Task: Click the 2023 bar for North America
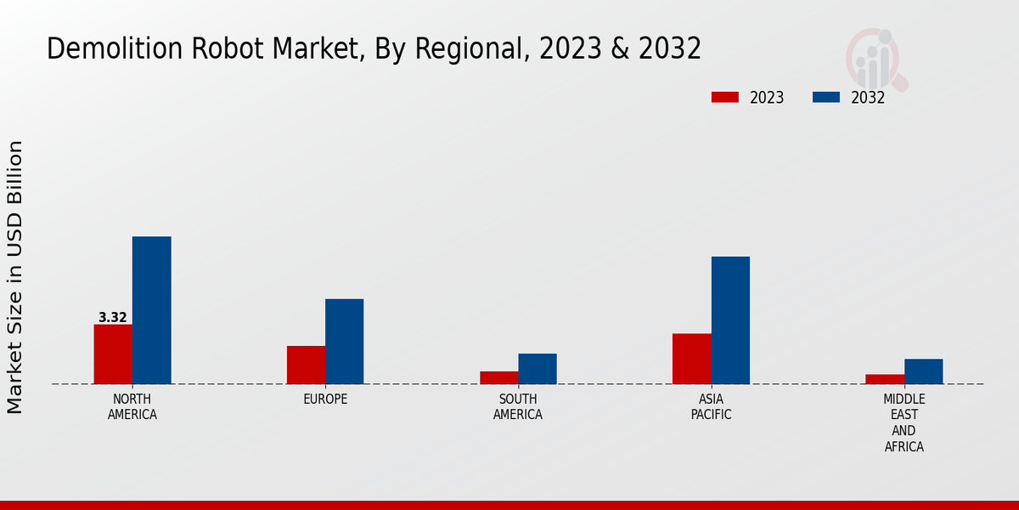pyautogui.click(x=113, y=354)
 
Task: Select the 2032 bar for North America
pyautogui.click(x=151, y=310)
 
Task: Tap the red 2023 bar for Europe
pyautogui.click(x=306, y=365)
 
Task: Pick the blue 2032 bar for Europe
pyautogui.click(x=344, y=341)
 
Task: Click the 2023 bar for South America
pyautogui.click(x=498, y=377)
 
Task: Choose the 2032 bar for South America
pyautogui.click(x=538, y=369)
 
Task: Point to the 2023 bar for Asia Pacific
pyautogui.click(x=691, y=359)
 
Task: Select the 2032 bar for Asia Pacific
pyautogui.click(x=730, y=320)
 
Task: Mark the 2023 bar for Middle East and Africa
pyautogui.click(x=885, y=379)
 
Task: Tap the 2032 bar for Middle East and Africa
pyautogui.click(x=923, y=371)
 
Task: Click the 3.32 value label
pyautogui.click(x=113, y=318)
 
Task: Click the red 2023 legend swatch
pyautogui.click(x=725, y=97)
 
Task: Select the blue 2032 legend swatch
pyautogui.click(x=826, y=97)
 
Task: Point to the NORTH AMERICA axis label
pyautogui.click(x=132, y=407)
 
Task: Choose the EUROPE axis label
pyautogui.click(x=325, y=399)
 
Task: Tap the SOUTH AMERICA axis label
pyautogui.click(x=518, y=407)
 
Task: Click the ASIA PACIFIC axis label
pyautogui.click(x=711, y=407)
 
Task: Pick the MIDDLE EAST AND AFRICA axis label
pyautogui.click(x=904, y=422)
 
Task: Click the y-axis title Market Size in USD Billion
pyautogui.click(x=15, y=277)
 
